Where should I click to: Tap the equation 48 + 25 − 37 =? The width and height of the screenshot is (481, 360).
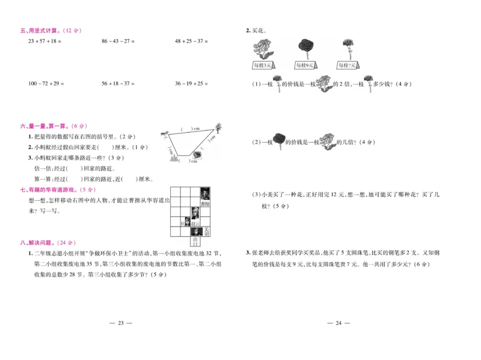(x=191, y=41)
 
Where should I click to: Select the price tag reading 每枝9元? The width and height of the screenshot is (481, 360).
(x=305, y=65)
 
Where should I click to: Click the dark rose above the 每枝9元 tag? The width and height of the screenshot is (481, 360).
(x=305, y=48)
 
